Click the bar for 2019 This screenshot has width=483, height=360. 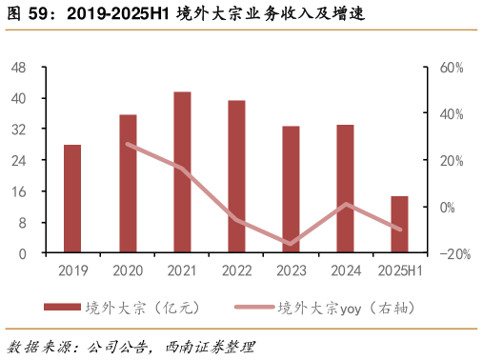72,199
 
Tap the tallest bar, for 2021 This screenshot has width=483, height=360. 182,172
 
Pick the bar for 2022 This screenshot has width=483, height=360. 236,177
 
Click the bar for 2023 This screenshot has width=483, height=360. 291,190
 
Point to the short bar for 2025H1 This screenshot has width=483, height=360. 399,225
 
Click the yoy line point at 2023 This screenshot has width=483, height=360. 291,244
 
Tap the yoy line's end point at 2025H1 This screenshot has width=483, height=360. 399,229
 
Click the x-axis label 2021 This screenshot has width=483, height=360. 182,271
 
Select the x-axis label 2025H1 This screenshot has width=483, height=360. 399,271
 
